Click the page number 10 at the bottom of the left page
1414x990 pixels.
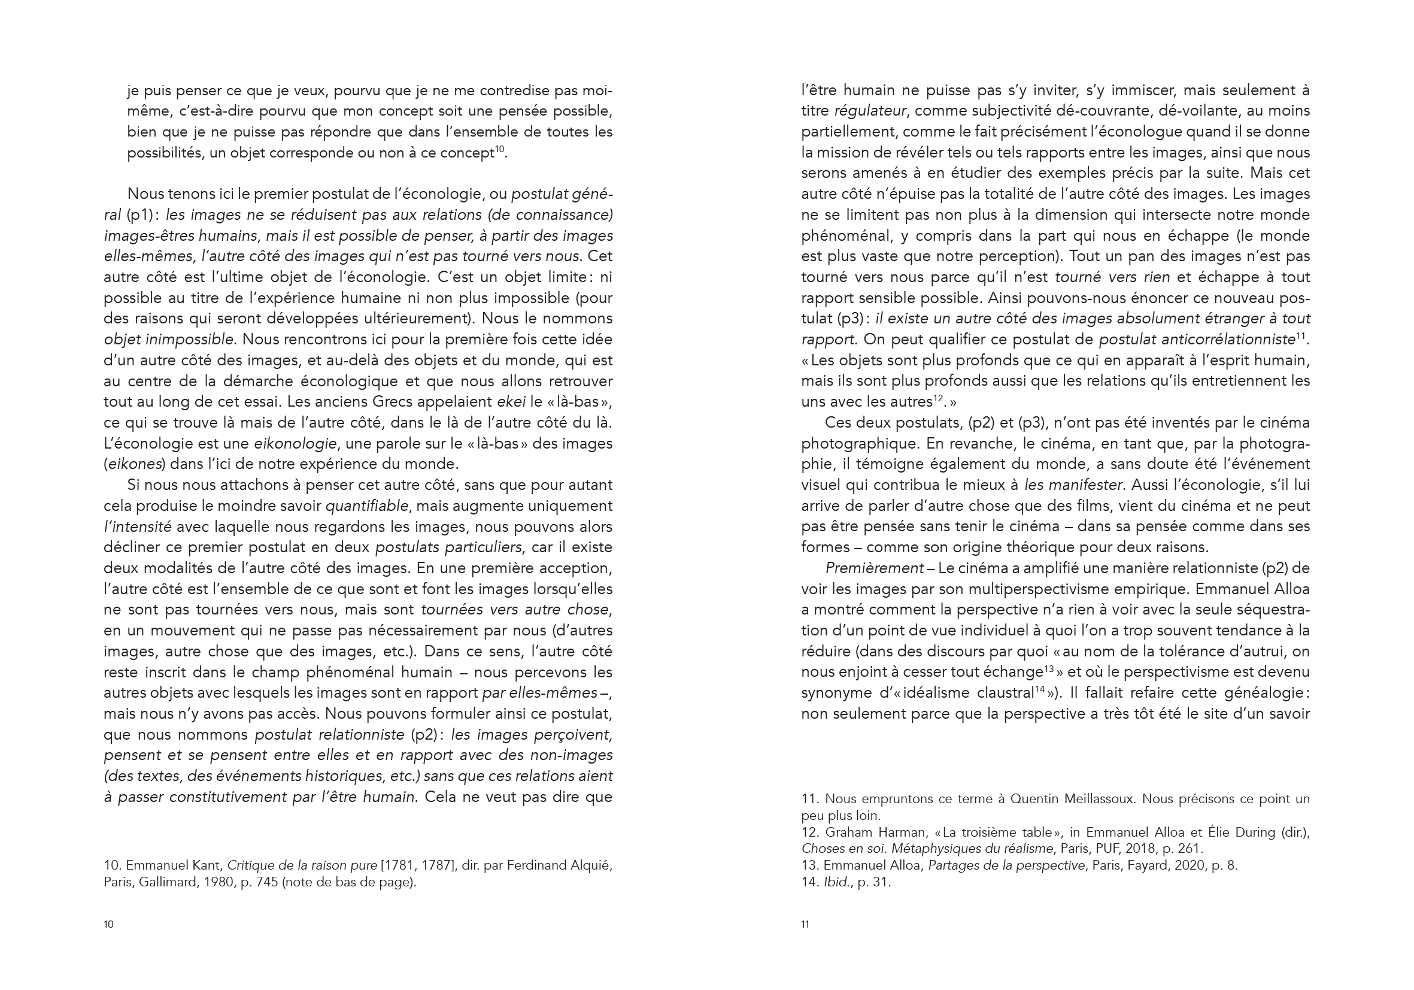[108, 924]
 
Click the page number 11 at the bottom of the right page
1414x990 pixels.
[805, 924]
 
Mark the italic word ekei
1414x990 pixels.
[511, 402]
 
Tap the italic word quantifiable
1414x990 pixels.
[366, 507]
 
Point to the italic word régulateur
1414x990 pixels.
[870, 111]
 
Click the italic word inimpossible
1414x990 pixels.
[190, 340]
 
